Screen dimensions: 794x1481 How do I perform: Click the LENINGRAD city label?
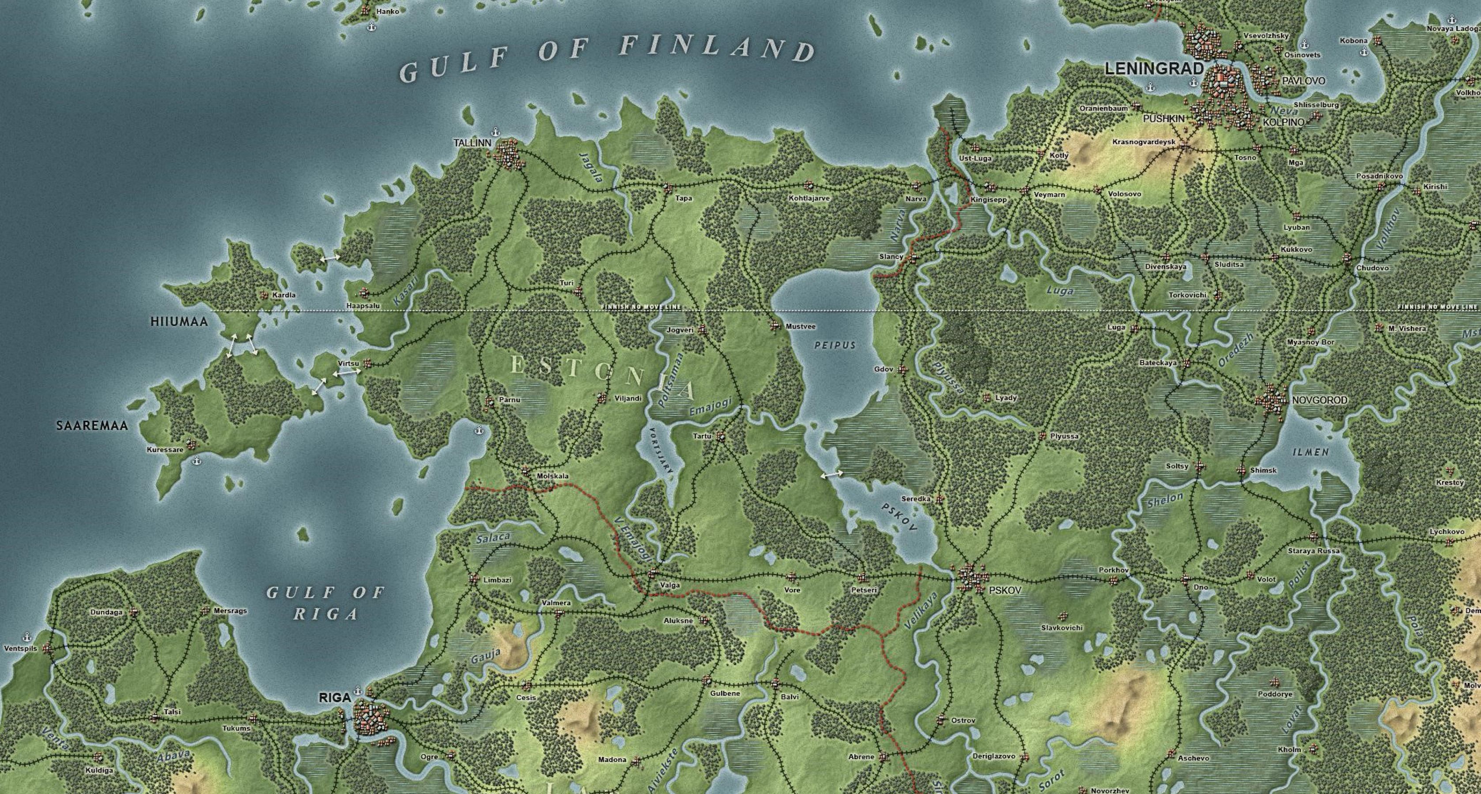[x=1154, y=68]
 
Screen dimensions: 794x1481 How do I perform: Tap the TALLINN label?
[x=472, y=143]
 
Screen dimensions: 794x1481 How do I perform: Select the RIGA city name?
[x=335, y=697]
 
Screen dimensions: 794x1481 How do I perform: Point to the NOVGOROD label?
[x=1319, y=400]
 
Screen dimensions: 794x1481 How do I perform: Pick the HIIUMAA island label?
[x=178, y=322]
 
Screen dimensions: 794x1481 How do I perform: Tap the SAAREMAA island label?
[x=92, y=426]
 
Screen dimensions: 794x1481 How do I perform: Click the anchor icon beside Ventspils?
[x=26, y=637]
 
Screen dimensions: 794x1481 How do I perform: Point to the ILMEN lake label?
[x=1311, y=452]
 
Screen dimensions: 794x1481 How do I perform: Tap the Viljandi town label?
[x=628, y=398]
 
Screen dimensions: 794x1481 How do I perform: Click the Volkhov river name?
[x=1390, y=228]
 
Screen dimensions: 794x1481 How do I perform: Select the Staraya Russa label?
[x=1314, y=551]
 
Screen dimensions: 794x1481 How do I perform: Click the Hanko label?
[x=388, y=11]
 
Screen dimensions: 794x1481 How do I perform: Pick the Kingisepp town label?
[x=989, y=200]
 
